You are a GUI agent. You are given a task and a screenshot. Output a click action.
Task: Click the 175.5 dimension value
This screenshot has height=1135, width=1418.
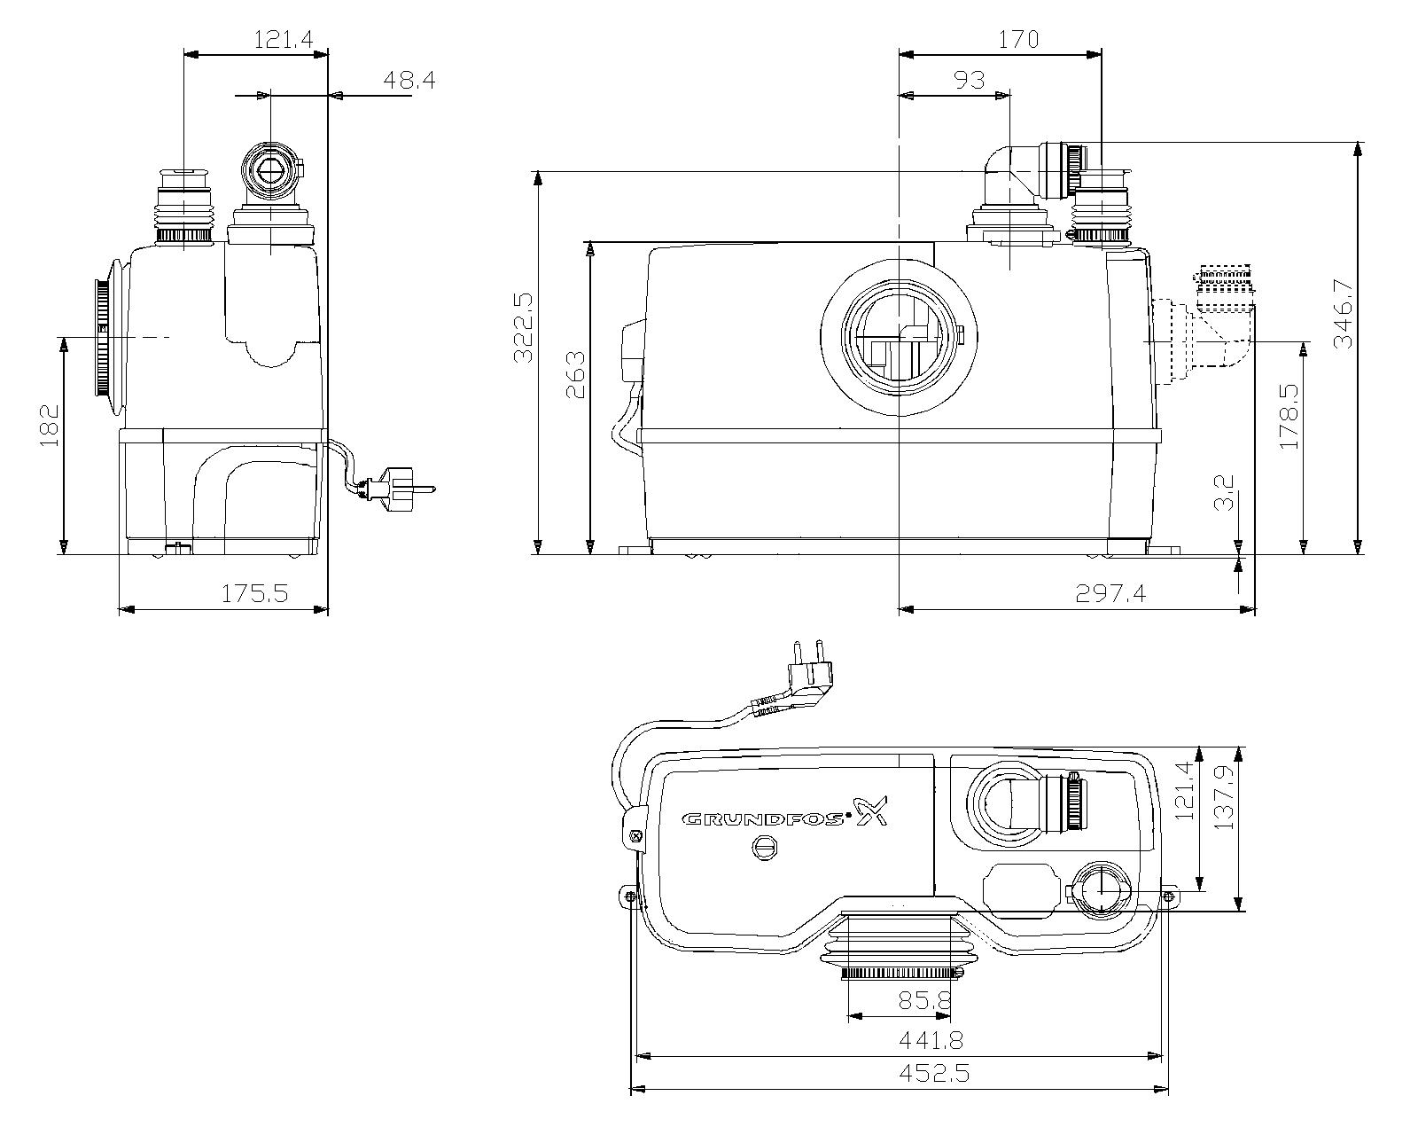point(254,593)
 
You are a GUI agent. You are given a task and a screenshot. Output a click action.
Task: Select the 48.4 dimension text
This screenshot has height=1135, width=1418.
point(409,81)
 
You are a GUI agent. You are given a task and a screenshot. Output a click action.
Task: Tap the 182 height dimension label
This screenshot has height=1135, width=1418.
point(50,426)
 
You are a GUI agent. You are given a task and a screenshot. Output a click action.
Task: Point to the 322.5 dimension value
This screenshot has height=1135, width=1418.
point(524,328)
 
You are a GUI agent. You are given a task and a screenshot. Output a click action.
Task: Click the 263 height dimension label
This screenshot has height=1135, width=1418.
point(575,374)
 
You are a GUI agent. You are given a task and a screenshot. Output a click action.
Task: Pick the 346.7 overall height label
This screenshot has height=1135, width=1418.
point(1342,313)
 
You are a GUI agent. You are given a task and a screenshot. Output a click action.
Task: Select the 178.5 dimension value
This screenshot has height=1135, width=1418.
point(1289,417)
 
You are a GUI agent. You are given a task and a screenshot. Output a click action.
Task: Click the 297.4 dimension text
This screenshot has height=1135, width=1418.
point(1110,593)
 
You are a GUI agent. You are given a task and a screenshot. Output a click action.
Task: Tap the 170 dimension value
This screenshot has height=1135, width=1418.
point(1018,40)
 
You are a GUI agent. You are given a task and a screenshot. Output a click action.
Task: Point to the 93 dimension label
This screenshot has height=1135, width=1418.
point(969,81)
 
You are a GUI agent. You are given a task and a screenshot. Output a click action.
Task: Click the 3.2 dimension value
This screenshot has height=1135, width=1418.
point(1224,493)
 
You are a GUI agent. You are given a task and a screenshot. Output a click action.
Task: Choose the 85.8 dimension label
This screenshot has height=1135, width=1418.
point(925,1000)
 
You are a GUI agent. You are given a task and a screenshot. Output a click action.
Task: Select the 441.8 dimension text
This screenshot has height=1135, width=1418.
point(931,1040)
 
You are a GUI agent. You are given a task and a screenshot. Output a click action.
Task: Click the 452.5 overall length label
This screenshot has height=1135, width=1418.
point(934,1073)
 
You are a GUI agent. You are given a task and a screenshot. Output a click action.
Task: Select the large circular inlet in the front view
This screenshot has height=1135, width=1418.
point(900,336)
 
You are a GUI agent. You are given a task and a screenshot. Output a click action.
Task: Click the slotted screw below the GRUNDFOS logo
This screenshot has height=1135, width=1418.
point(766,849)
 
